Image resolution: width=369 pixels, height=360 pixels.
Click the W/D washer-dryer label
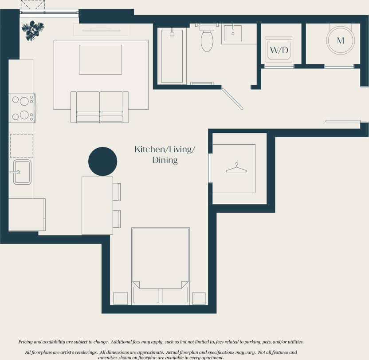click(279, 50)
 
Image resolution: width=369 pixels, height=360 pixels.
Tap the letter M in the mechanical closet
click(340, 40)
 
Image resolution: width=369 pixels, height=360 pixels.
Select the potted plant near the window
click(32, 31)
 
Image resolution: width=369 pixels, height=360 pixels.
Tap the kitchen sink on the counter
click(22, 172)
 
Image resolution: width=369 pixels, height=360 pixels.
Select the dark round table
click(103, 161)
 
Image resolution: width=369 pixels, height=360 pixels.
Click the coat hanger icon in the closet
click(236, 168)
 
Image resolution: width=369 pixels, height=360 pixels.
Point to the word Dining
click(165, 160)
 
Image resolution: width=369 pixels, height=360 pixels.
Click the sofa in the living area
click(99, 107)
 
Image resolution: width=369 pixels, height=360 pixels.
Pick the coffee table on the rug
click(100, 59)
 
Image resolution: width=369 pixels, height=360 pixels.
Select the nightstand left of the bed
click(120, 298)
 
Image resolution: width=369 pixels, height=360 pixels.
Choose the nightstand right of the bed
click(199, 298)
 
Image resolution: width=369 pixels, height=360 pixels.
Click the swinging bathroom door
click(232, 99)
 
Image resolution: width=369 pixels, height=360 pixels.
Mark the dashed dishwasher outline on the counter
click(21, 146)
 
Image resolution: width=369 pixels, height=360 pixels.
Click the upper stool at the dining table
click(117, 192)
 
